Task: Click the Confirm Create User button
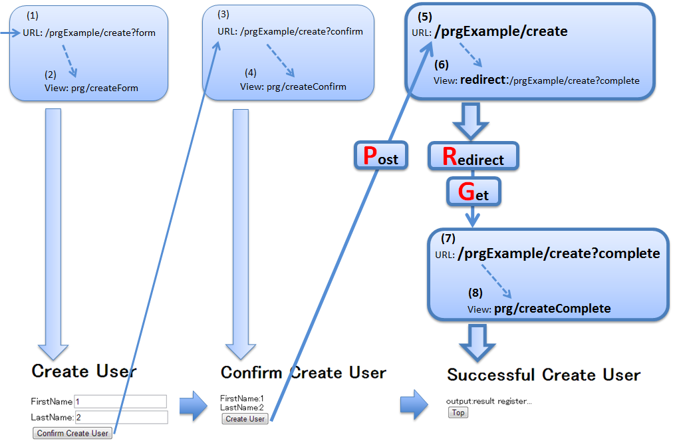72,433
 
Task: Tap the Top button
458,412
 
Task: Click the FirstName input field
120,401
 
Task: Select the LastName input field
120,417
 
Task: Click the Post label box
379,156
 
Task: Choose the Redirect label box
473,156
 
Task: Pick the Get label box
473,192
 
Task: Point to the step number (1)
32,15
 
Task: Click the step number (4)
250,73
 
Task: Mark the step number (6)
442,65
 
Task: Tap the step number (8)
475,292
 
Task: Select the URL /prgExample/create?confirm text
290,32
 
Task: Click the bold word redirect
483,80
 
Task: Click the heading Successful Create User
543,375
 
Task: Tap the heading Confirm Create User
303,372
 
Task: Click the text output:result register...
489,401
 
